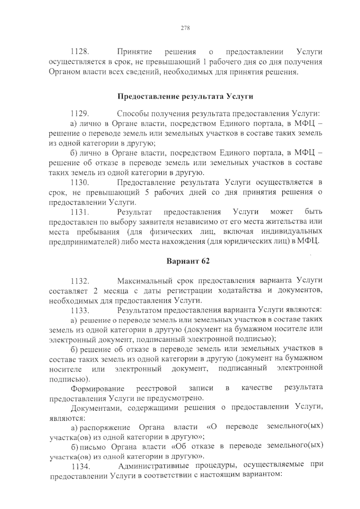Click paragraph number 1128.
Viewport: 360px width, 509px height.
[79, 52]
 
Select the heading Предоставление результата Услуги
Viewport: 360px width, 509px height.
[185, 97]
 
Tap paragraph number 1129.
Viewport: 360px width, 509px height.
[79, 114]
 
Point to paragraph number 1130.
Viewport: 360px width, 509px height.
[79, 182]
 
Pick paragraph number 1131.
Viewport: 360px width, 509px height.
[79, 212]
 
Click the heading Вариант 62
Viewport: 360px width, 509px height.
[188, 261]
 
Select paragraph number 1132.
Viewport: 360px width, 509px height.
[79, 281]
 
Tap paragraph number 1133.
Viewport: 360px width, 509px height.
[79, 310]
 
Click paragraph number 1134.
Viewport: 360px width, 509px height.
[80, 467]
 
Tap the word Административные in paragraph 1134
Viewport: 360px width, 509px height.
[153, 466]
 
